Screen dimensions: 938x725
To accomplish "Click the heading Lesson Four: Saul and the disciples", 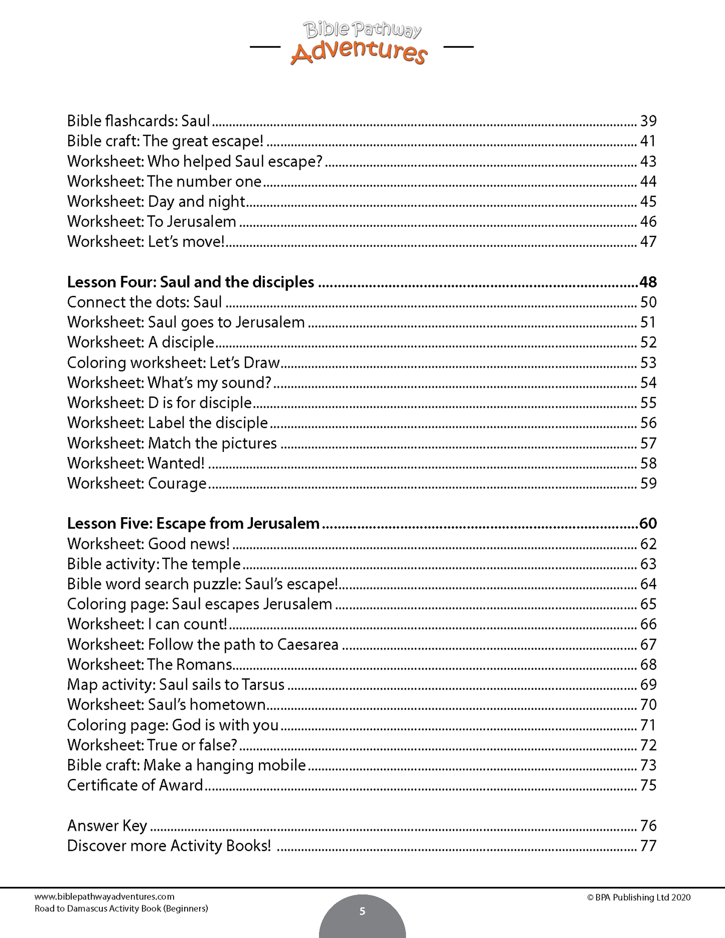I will point(191,282).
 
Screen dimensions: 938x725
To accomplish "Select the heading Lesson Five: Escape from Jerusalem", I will point(193,524).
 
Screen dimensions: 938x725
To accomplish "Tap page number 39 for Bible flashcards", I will point(648,121).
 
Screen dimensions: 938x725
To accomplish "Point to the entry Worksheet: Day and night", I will point(156,202).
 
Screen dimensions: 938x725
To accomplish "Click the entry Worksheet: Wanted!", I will point(136,463).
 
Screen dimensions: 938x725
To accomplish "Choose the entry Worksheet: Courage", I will point(137,484).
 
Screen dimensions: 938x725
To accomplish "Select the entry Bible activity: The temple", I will point(154,564).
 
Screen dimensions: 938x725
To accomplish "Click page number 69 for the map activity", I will point(648,685).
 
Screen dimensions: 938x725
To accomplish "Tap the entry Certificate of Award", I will point(135,786).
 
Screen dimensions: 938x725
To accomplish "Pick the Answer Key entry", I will point(107,826).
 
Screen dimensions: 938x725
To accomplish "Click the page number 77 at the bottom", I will point(648,846).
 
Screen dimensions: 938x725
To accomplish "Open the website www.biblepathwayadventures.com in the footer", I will point(104,896).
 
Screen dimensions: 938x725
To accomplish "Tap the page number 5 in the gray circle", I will point(362,911).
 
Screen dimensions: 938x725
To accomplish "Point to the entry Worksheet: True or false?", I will point(152,745).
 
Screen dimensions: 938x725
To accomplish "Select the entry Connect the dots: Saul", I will point(144,302).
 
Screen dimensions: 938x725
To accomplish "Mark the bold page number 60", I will point(648,524).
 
